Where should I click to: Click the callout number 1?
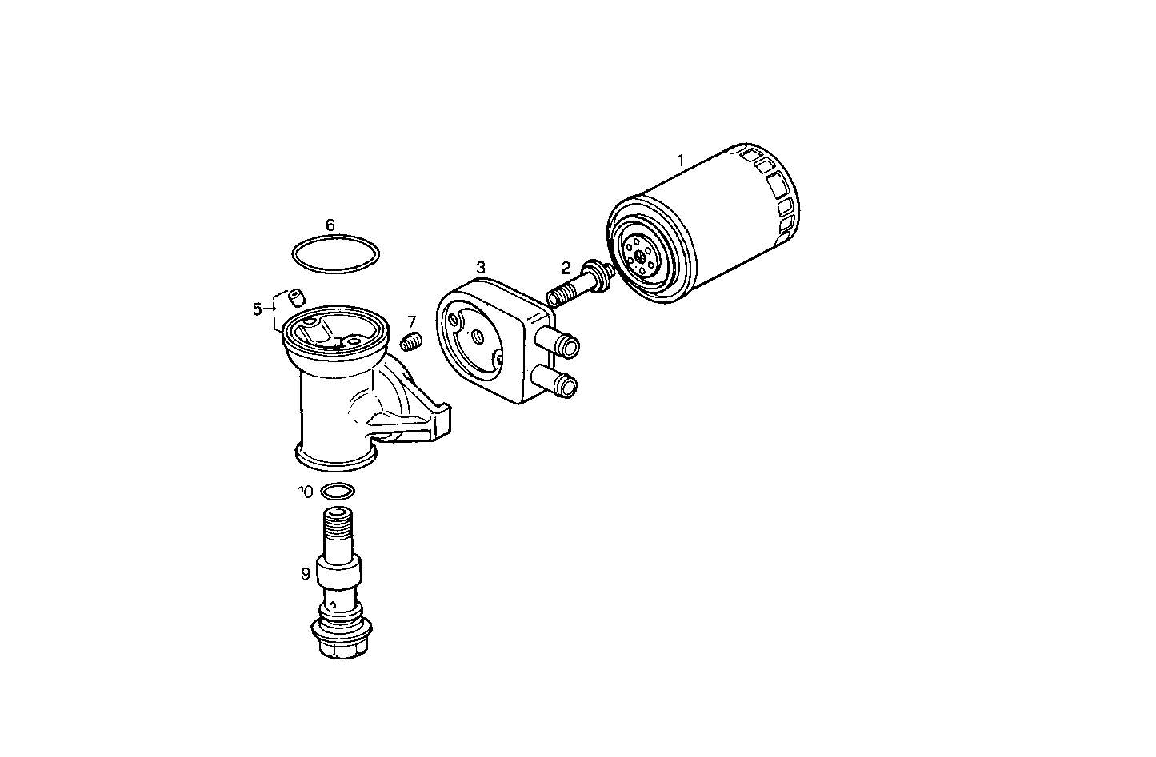[681, 161]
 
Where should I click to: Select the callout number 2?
[566, 268]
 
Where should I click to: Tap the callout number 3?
[481, 267]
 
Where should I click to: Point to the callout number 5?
[258, 309]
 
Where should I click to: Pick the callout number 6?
[330, 225]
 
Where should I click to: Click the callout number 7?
[412, 321]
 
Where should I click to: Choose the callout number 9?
[306, 573]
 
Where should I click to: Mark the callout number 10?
[306, 492]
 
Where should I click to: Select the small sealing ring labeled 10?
[337, 491]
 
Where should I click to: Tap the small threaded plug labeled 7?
[410, 343]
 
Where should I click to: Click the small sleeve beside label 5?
[296, 297]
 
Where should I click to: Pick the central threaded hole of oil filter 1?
[639, 258]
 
